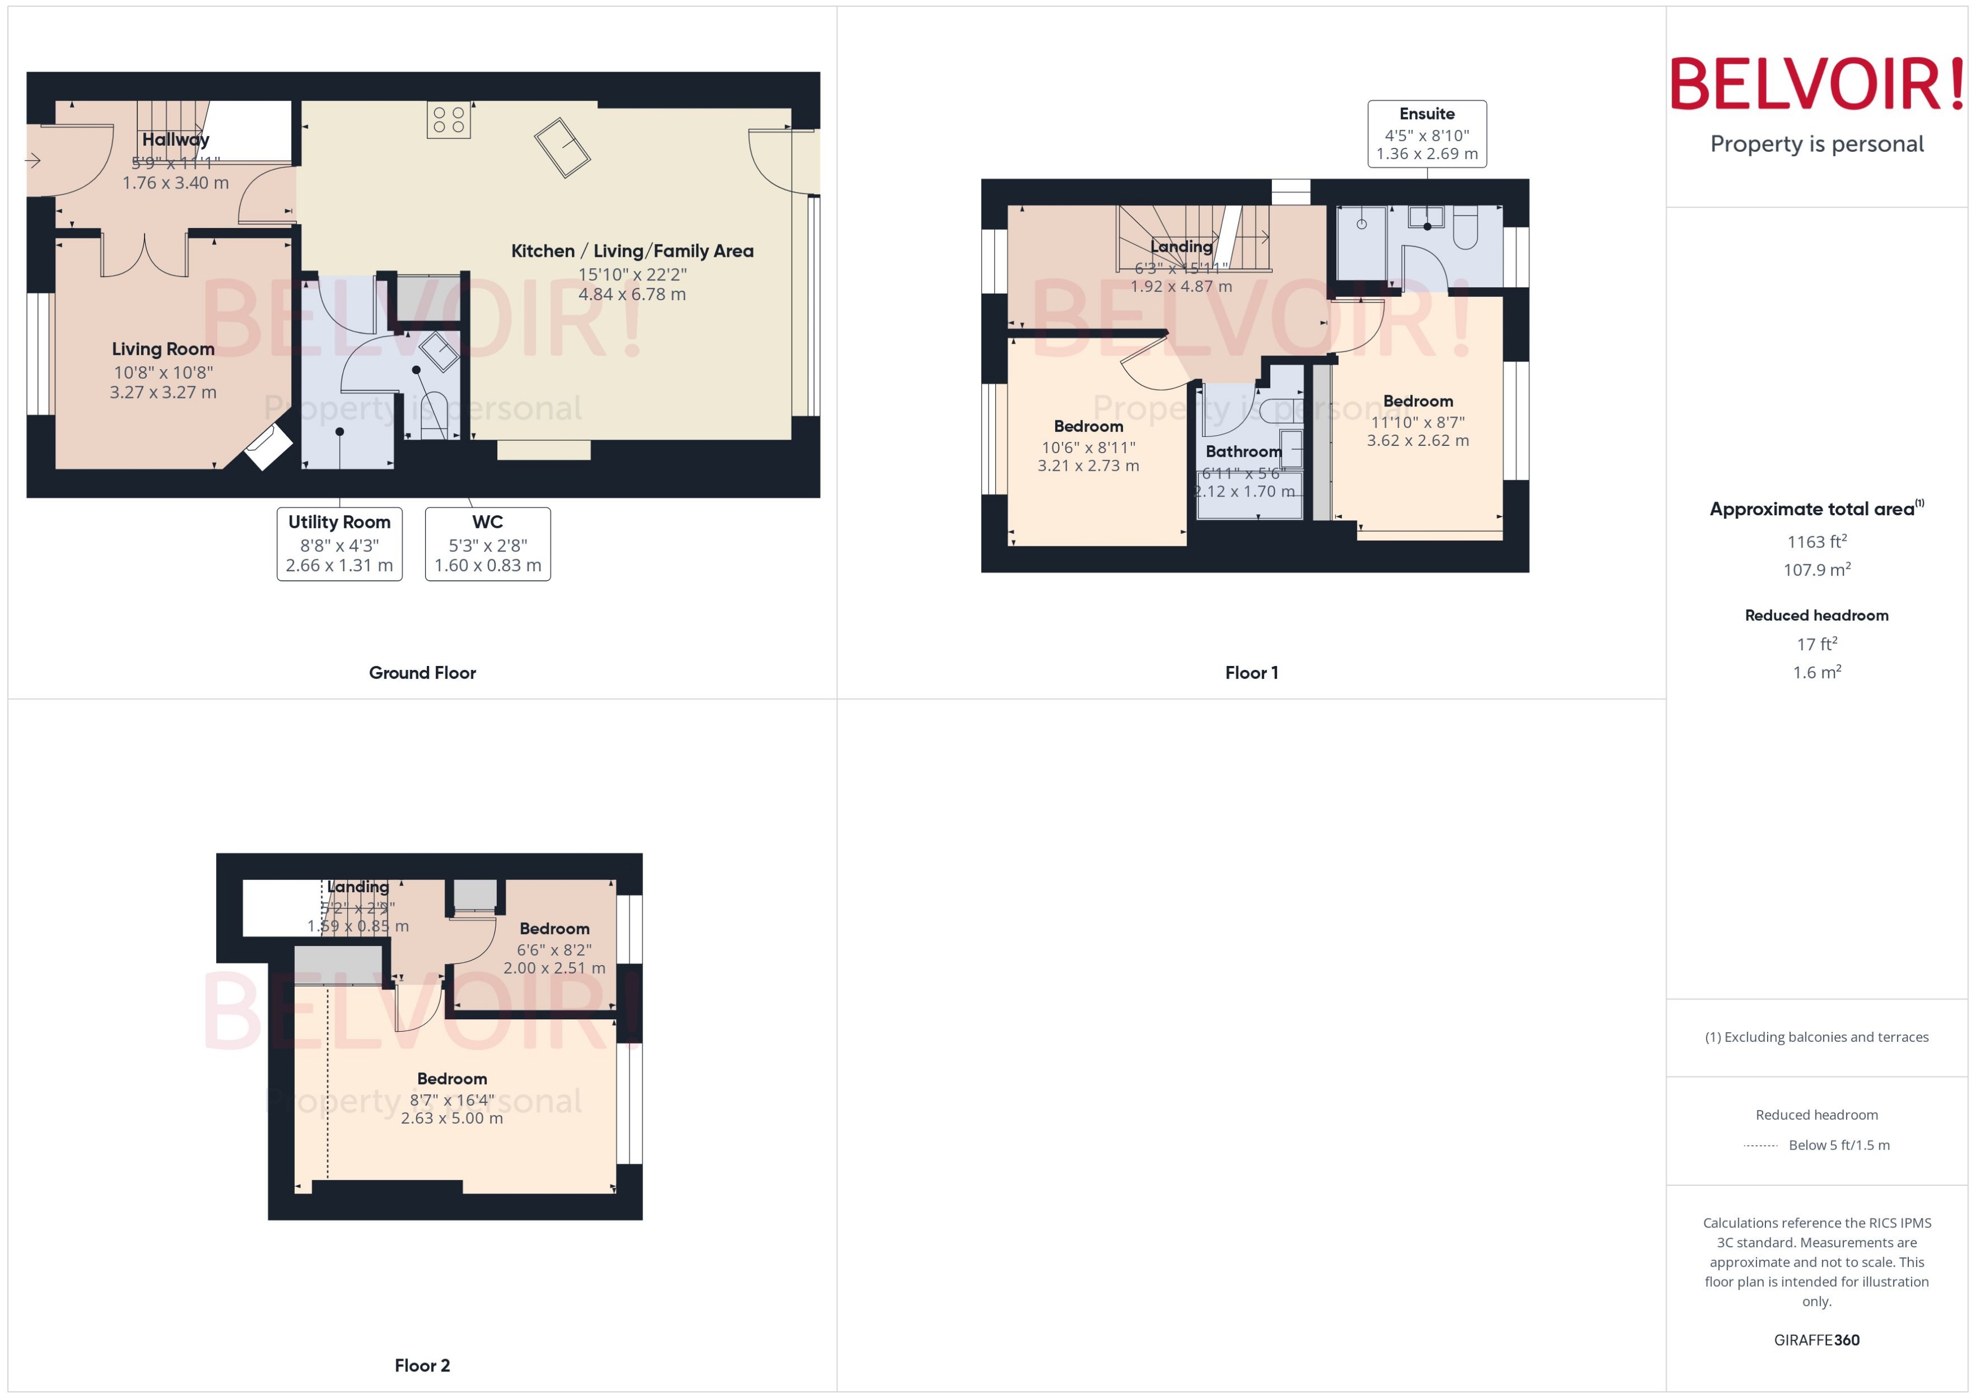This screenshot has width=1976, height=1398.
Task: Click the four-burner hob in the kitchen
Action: click(449, 120)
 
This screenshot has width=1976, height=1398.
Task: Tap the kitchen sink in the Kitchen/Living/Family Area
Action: click(562, 147)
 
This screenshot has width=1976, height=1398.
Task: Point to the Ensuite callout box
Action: click(1427, 133)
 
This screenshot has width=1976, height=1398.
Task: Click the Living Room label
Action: click(163, 349)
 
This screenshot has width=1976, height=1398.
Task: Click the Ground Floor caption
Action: click(422, 672)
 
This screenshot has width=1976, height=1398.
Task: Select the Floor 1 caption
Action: click(1251, 672)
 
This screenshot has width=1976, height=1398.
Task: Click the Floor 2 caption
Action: click(422, 1365)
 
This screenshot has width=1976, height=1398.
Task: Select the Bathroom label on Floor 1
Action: click(1243, 451)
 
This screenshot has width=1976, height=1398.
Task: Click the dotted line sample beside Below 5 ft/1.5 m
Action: click(1760, 1146)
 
